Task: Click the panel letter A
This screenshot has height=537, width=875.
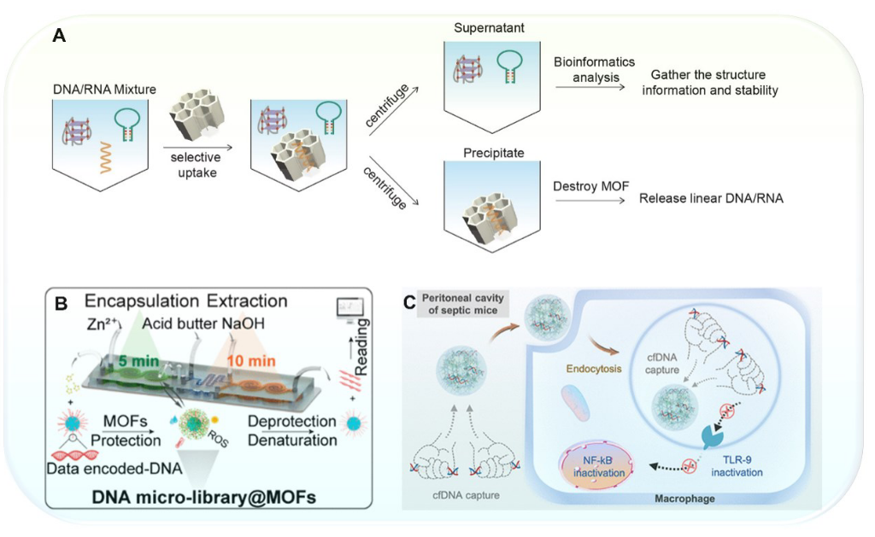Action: pos(59,36)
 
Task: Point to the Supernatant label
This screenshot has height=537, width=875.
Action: pos(490,28)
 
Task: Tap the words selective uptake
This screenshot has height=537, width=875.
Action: pos(197,165)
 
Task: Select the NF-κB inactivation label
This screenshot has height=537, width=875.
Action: pos(592,465)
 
